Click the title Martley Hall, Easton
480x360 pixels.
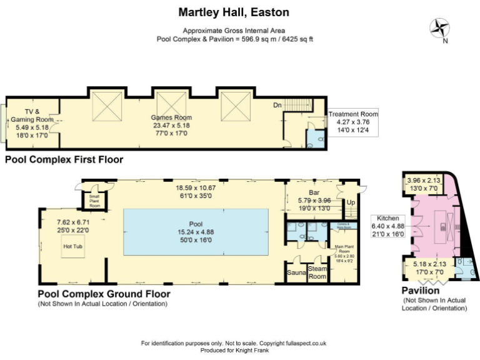coord(234,12)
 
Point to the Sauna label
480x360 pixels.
coord(295,273)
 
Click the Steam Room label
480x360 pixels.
coord(317,272)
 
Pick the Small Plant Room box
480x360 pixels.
coord(94,201)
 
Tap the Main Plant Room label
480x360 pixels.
coord(344,247)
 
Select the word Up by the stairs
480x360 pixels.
coord(351,203)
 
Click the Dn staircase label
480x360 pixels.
coord(278,106)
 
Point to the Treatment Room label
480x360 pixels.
coord(354,114)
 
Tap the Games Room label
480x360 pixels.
coord(171,117)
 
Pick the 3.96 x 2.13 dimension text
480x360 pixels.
coord(424,181)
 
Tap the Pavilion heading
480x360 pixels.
coord(420,291)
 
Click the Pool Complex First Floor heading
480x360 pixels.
coord(64,159)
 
